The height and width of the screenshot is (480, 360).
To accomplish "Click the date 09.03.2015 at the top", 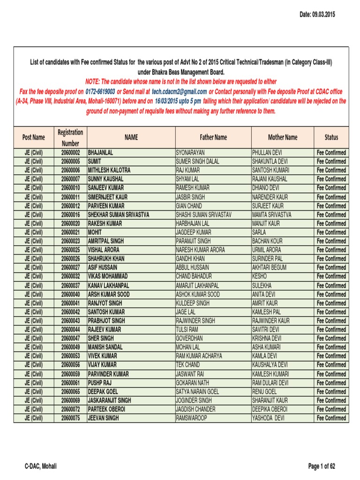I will (x=317, y=15).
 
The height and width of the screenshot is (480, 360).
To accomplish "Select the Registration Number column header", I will (x=70, y=138).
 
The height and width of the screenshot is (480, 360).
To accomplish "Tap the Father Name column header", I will (x=213, y=137).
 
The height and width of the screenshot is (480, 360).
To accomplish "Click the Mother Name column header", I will (x=283, y=137).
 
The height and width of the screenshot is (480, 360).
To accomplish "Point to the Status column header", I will (x=331, y=137).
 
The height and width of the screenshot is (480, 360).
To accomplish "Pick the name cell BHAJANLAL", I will (x=100, y=153).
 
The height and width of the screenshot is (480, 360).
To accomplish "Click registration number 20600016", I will (x=70, y=215).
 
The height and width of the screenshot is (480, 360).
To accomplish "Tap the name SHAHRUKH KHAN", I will (x=106, y=259).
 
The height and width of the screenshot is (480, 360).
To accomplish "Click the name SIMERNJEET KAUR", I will (x=107, y=197).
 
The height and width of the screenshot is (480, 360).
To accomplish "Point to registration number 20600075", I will (x=70, y=418).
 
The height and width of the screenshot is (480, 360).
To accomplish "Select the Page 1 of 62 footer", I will (x=322, y=466).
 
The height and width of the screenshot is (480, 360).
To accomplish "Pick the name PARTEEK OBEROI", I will (x=106, y=409).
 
